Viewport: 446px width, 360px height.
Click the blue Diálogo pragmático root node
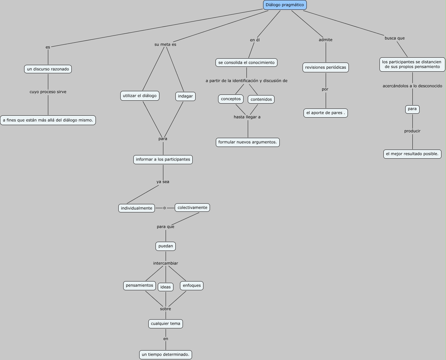click(285, 5)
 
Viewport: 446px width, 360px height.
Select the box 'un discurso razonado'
click(48, 69)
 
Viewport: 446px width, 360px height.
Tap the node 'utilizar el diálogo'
click(140, 96)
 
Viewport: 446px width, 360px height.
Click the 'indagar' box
click(185, 96)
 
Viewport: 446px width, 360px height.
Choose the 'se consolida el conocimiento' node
click(246, 63)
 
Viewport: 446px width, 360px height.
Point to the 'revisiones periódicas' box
click(325, 67)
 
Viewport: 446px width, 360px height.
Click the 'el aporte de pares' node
click(325, 113)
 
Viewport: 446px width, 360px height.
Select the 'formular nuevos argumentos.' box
click(247, 142)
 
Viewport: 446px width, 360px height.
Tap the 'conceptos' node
click(230, 99)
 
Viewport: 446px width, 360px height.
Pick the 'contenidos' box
click(261, 99)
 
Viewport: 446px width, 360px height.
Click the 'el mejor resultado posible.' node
click(412, 154)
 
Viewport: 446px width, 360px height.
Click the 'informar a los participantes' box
click(163, 160)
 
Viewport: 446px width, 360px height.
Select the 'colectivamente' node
click(192, 208)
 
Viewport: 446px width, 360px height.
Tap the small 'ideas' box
click(165, 287)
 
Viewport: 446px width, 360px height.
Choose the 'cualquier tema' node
click(165, 324)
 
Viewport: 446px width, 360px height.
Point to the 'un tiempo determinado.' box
click(165, 355)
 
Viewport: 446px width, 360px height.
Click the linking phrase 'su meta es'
click(165, 45)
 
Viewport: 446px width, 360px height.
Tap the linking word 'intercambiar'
click(166, 263)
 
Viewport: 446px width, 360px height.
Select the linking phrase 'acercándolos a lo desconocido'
click(412, 86)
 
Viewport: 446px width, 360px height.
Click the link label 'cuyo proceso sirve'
click(48, 92)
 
